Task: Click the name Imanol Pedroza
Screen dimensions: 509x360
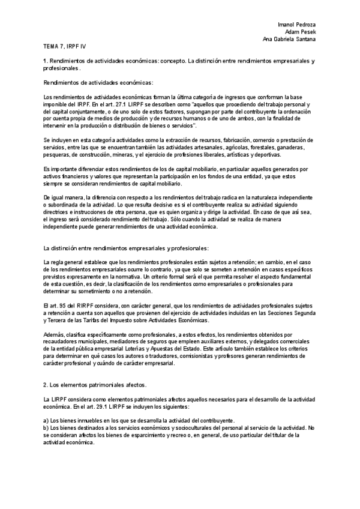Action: click(x=298, y=23)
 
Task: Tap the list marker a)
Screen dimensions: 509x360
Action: click(x=47, y=421)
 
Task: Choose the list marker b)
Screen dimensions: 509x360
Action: click(x=47, y=428)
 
